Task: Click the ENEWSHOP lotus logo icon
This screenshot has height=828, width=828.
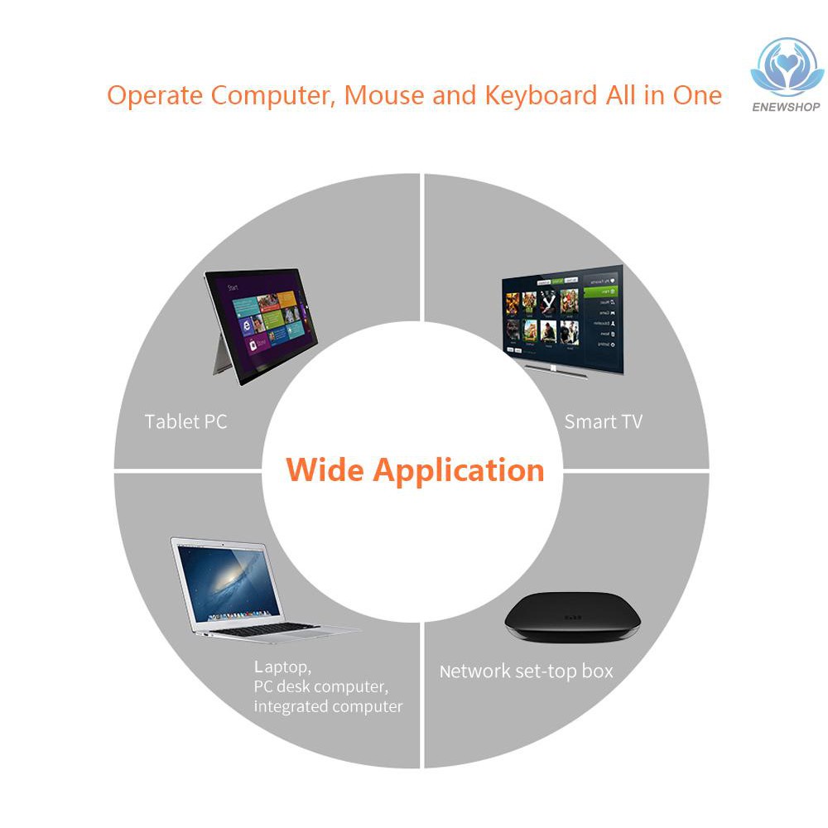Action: [x=787, y=66]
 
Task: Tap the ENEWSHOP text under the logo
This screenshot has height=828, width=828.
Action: [x=786, y=107]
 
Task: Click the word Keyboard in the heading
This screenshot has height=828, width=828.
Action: [x=542, y=96]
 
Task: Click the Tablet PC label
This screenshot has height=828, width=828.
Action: [x=185, y=421]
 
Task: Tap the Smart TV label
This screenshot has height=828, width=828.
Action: [x=603, y=421]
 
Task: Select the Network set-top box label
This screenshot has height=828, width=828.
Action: [x=527, y=672]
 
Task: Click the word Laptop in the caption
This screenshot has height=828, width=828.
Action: [x=282, y=667]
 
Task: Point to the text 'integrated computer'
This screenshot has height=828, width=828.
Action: [x=328, y=706]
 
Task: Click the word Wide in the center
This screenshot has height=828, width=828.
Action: [x=325, y=469]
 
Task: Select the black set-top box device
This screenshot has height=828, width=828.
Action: [x=572, y=617]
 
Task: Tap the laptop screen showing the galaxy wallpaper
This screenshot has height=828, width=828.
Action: [x=229, y=584]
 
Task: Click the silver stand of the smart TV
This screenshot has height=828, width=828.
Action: [x=555, y=370]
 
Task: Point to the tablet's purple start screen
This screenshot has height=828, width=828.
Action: [x=263, y=323]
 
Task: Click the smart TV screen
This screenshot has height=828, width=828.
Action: [x=563, y=317]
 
